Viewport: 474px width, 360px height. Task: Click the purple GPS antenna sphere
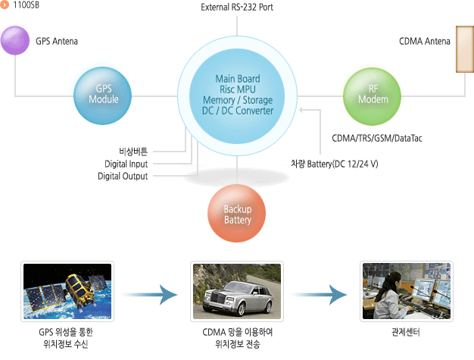[15, 40]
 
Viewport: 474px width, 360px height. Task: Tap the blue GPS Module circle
[102, 95]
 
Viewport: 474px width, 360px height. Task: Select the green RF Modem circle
[372, 96]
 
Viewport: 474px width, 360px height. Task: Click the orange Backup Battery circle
[237, 213]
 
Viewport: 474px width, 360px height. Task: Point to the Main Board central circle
[237, 96]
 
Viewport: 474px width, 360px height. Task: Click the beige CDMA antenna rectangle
[465, 49]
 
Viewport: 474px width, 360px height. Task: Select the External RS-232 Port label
[237, 8]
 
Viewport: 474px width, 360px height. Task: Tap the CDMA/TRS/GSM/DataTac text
[377, 138]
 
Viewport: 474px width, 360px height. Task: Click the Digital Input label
[126, 164]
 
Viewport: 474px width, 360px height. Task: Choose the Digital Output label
[123, 176]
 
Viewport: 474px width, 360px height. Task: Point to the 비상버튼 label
[133, 152]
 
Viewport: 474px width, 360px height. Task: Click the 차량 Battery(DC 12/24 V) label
[335, 164]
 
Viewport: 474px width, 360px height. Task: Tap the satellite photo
[67, 291]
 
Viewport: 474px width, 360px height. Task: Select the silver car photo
[237, 291]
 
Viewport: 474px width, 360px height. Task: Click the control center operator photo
[407, 291]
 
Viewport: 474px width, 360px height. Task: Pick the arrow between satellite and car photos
[150, 294]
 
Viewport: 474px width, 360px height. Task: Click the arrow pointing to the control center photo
[320, 294]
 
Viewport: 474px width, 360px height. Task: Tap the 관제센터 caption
[406, 332]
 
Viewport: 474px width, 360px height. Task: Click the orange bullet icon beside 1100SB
[5, 5]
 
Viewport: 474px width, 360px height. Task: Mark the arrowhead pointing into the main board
[301, 110]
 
